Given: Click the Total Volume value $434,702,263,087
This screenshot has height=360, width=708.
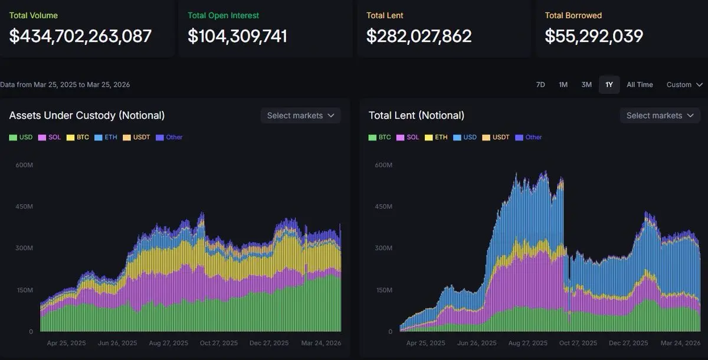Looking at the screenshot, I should tap(80, 36).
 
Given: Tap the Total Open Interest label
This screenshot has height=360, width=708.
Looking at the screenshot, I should tap(223, 15).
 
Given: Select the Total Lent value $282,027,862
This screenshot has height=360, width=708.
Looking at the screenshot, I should tap(419, 36).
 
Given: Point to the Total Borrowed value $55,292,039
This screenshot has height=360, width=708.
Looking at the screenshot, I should tap(594, 36).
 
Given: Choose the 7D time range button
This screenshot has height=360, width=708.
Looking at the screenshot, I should tap(540, 84).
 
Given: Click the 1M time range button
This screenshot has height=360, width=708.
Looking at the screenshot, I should tap(563, 84).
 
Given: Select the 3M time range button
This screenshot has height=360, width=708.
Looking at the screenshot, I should tap(586, 84).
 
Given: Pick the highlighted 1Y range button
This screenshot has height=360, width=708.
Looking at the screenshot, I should tap(609, 84).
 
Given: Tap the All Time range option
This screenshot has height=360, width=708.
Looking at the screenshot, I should tap(640, 84).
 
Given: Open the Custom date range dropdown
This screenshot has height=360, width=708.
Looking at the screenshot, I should tap(684, 84).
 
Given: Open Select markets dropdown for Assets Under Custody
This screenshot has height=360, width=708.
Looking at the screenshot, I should tap(300, 116).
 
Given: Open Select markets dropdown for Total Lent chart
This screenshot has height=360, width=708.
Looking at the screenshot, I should tap(660, 116).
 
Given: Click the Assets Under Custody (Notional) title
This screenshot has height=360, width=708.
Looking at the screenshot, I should tap(87, 116).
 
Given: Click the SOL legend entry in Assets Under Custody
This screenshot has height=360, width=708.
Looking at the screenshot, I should tap(50, 138).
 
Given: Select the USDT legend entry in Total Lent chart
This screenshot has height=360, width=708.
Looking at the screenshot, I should tap(496, 138).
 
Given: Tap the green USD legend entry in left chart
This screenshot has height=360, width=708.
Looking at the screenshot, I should tap(21, 138).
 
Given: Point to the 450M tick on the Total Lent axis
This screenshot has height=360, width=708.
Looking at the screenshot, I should tap(383, 207).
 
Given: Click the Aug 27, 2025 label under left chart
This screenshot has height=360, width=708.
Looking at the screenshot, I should tap(169, 343).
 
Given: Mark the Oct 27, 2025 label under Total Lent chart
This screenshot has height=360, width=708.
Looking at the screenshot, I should tap(578, 343).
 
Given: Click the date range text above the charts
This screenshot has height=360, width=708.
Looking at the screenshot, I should tap(65, 84).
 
